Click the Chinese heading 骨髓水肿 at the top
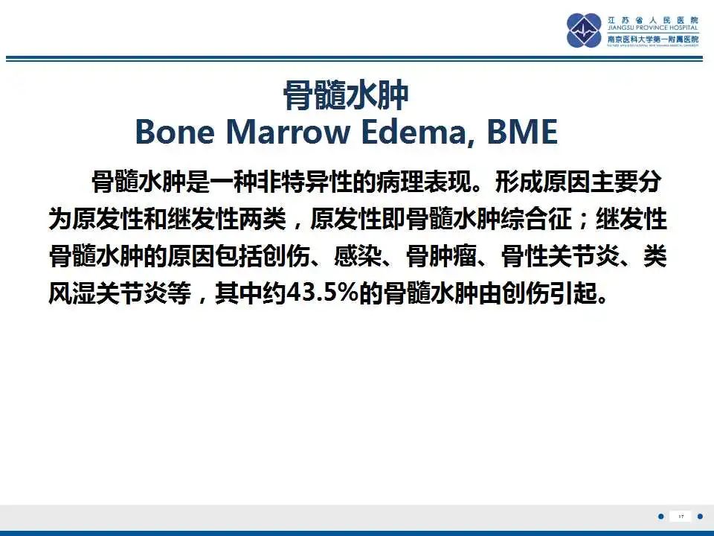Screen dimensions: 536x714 346,96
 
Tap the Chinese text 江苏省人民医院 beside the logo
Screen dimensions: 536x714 653,19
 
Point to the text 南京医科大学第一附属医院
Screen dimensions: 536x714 653,39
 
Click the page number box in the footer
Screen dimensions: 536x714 681,516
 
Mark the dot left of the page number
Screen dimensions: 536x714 661,516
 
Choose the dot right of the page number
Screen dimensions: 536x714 700,516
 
